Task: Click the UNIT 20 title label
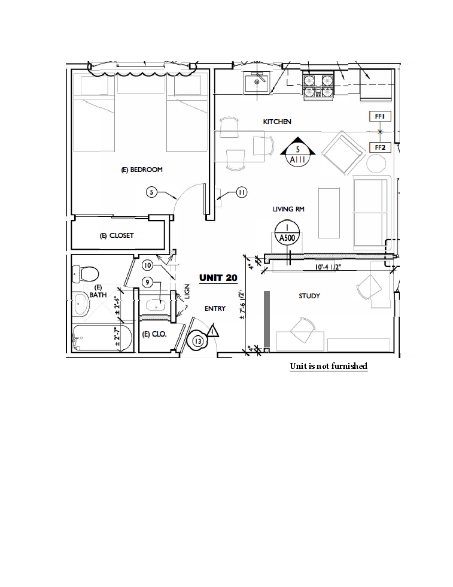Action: point(218,277)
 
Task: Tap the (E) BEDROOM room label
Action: point(142,170)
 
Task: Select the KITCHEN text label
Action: point(277,122)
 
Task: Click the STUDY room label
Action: point(309,296)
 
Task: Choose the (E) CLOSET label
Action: point(117,235)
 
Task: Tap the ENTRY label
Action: point(215,308)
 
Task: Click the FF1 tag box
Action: point(379,116)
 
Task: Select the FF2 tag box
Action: point(379,147)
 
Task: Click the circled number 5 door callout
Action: point(152,192)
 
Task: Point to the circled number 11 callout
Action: point(241,192)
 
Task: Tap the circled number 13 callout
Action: point(197,341)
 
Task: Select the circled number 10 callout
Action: point(148,265)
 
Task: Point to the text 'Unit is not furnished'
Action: point(329,366)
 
